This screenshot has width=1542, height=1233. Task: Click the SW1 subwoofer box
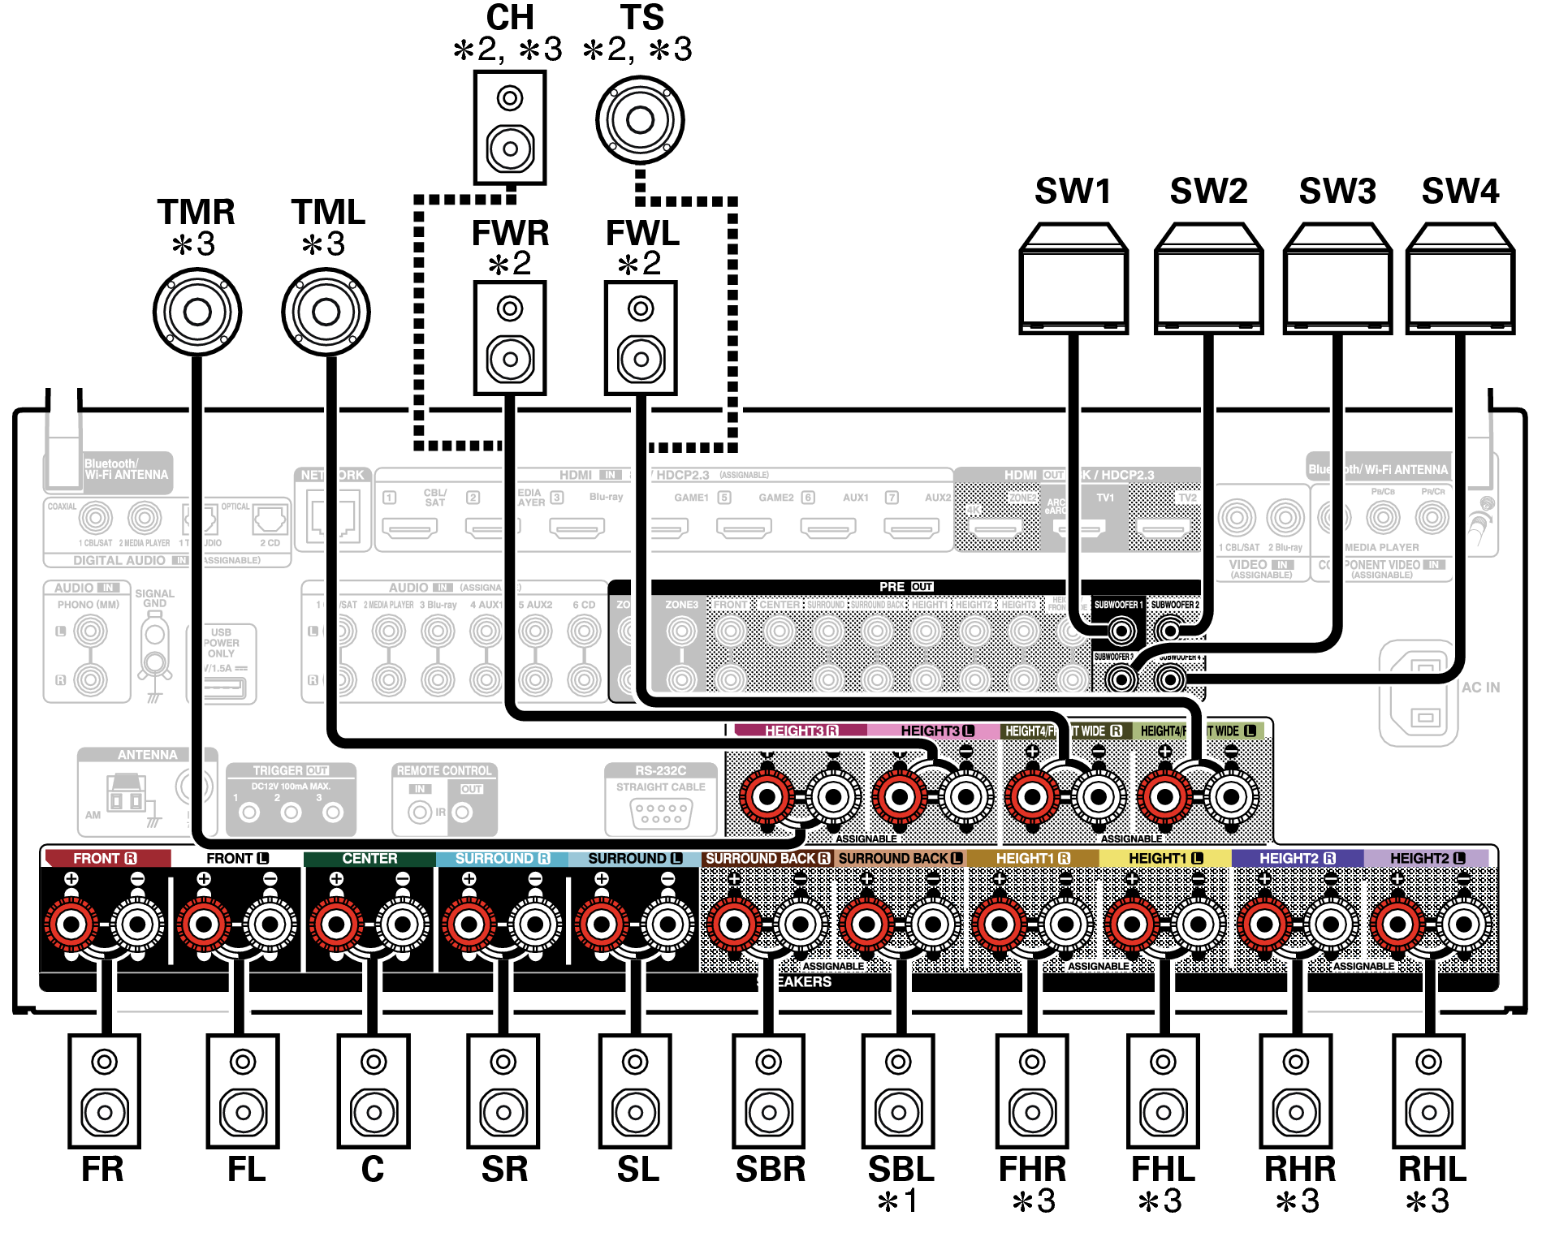[x=1073, y=280]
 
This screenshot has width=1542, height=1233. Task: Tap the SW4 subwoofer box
[x=1460, y=280]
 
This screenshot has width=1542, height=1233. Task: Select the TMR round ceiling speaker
[x=197, y=312]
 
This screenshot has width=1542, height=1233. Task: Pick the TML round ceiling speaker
[x=326, y=312]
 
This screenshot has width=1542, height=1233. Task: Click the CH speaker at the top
[x=510, y=127]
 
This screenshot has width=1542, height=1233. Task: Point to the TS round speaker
[x=640, y=120]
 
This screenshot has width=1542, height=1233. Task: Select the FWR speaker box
[x=510, y=338]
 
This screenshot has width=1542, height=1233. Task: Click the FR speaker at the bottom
[x=105, y=1090]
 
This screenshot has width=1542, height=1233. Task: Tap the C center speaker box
[x=374, y=1090]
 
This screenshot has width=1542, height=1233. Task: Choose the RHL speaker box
[x=1428, y=1090]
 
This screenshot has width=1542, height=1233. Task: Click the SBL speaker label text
[x=901, y=1170]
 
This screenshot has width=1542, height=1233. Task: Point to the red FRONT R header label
[x=106, y=859]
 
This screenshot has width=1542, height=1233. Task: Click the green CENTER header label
[x=369, y=859]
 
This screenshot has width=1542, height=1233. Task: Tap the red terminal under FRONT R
[x=71, y=924]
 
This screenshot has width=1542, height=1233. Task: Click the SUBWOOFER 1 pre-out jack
[x=1122, y=631]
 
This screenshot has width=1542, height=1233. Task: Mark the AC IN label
[x=1480, y=688]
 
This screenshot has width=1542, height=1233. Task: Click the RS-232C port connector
[x=661, y=813]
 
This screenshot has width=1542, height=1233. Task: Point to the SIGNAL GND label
[x=154, y=598]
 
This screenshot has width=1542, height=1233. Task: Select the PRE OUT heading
[x=905, y=587]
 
